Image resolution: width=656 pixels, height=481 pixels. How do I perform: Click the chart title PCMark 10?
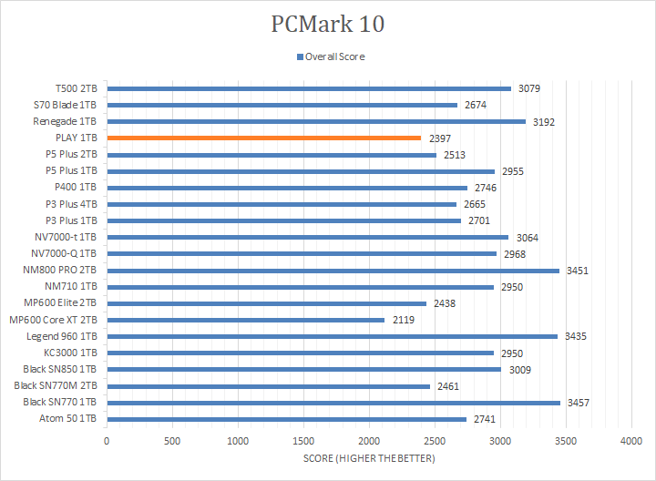pos(328,24)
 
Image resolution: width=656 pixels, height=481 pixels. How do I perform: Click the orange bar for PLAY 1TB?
pos(263,138)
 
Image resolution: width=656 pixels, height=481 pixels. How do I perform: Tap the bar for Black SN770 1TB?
pos(333,402)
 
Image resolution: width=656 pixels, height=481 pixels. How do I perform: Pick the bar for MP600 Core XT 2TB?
pos(245,320)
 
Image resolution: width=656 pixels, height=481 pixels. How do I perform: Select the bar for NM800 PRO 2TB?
pos(333,271)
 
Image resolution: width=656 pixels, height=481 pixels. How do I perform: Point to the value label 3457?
pos(579,402)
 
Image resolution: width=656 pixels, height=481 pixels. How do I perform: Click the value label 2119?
pos(404,320)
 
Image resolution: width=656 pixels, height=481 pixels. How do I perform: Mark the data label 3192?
pos(544,121)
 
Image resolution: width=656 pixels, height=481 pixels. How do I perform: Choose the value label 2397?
pos(440,138)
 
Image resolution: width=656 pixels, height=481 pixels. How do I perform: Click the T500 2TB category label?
pos(77,88)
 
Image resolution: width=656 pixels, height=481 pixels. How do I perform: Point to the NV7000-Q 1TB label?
pos(65,253)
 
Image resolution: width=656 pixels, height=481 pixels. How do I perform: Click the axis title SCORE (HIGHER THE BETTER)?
pos(369,457)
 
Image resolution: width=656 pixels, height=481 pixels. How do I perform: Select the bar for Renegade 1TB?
pos(316,121)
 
